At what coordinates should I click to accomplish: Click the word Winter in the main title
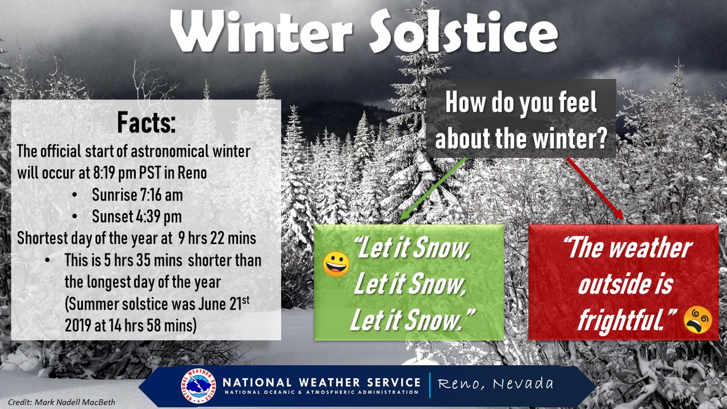(x=261, y=31)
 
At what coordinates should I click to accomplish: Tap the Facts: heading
(x=147, y=122)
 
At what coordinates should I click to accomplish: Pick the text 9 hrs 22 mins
(x=217, y=238)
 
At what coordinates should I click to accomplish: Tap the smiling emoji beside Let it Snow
(x=336, y=264)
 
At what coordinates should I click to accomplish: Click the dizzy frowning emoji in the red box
(x=698, y=320)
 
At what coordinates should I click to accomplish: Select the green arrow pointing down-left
(x=433, y=189)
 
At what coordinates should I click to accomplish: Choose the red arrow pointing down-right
(x=595, y=189)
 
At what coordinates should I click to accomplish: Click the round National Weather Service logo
(x=198, y=386)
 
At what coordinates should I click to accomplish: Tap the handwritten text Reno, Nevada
(x=495, y=384)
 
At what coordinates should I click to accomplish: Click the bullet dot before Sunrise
(x=75, y=195)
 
